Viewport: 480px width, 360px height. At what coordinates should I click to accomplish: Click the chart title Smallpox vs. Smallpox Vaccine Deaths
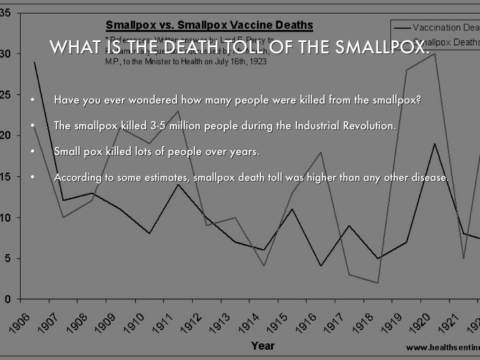(x=209, y=24)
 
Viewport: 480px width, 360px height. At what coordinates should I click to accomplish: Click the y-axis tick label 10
(x=5, y=217)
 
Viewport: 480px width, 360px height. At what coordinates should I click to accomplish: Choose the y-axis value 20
(x=5, y=135)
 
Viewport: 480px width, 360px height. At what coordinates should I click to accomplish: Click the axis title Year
(x=262, y=346)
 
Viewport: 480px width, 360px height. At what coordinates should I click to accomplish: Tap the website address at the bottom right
(x=442, y=347)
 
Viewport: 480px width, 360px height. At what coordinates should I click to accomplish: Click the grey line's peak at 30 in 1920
(x=435, y=53)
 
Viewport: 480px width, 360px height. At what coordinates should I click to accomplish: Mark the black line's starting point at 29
(x=34, y=62)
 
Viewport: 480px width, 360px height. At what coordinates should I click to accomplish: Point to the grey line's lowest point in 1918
(x=377, y=283)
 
